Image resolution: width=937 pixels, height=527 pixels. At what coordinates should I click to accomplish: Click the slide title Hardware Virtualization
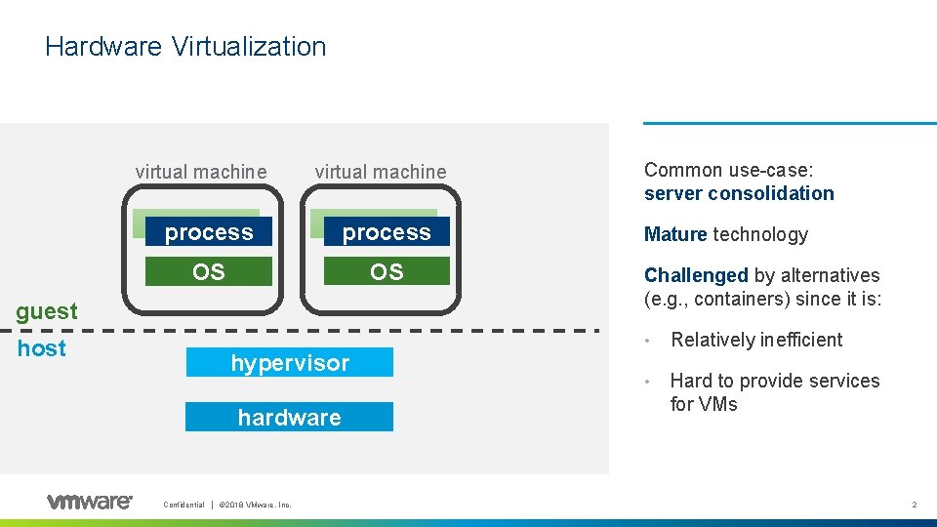(x=185, y=46)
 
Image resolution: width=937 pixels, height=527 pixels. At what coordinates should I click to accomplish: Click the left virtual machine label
(x=200, y=172)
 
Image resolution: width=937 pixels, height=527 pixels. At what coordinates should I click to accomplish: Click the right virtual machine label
(x=380, y=172)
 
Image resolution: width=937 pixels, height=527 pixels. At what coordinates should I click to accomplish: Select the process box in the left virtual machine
(x=209, y=232)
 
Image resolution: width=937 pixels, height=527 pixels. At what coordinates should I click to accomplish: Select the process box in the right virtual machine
(x=387, y=232)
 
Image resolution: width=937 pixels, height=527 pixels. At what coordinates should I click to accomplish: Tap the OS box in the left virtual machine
(x=209, y=271)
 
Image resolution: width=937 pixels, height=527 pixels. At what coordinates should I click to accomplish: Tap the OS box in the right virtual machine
(x=387, y=271)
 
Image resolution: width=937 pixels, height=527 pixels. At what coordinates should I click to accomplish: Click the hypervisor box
(x=290, y=363)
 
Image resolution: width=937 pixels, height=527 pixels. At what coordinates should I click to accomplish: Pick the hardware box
(x=290, y=418)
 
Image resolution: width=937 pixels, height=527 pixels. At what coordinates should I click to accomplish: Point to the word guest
(x=47, y=311)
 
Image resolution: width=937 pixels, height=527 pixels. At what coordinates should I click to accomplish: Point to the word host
(x=42, y=348)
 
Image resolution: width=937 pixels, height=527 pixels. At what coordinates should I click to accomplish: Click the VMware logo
(x=89, y=502)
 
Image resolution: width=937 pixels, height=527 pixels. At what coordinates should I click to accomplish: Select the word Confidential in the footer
(x=183, y=505)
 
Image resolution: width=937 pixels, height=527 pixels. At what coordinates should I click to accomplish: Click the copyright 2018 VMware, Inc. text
(x=255, y=505)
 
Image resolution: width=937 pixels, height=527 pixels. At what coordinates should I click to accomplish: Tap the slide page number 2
(x=915, y=505)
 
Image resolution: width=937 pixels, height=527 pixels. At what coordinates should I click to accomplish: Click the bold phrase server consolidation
(x=739, y=193)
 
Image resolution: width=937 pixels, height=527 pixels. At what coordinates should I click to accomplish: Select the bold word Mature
(x=675, y=234)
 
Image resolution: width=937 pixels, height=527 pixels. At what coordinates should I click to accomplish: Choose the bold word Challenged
(x=696, y=275)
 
